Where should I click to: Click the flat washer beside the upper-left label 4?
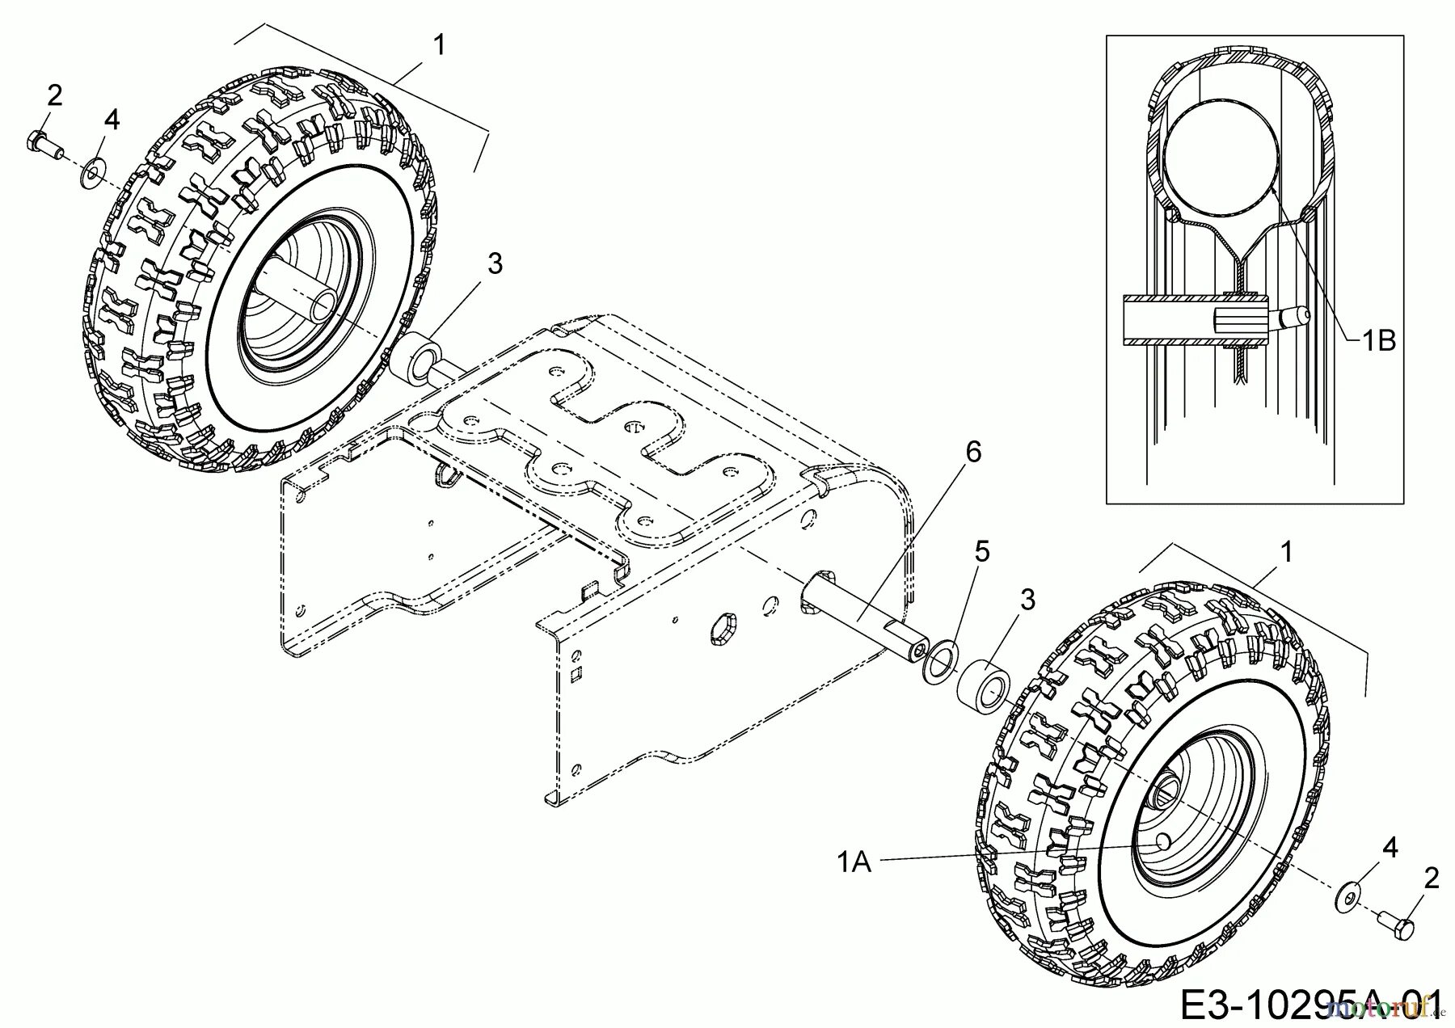90,173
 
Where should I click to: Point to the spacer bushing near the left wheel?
417,360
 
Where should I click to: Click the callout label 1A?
854,863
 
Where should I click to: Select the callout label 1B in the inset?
1378,341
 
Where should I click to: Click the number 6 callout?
973,453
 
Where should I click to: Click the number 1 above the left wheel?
439,44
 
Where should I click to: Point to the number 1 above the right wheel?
1287,552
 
